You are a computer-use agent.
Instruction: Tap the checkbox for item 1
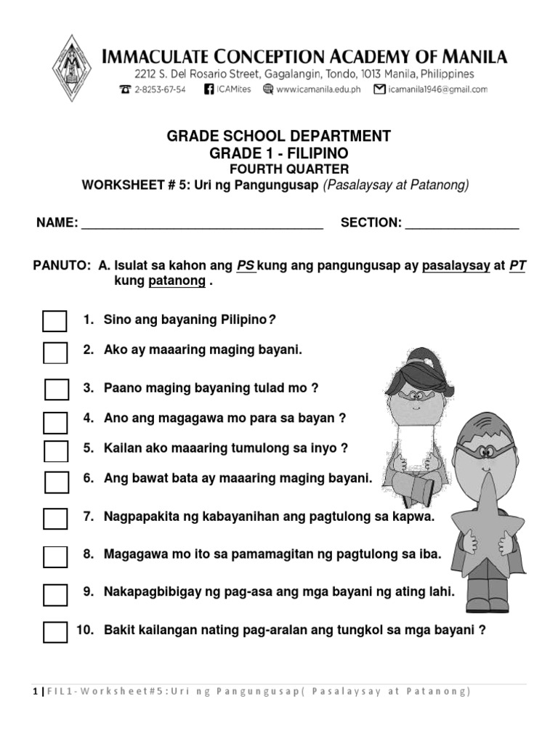click(54, 321)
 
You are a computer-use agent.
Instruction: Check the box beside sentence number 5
click(55, 450)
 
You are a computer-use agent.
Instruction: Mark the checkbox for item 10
click(54, 631)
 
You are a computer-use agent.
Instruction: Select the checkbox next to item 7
click(54, 519)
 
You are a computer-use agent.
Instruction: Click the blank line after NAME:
click(202, 225)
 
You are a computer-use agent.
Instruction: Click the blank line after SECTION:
click(462, 225)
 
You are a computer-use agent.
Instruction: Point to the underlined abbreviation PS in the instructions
click(246, 266)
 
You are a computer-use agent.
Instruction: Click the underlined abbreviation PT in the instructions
click(517, 266)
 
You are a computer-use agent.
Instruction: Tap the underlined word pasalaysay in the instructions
click(456, 266)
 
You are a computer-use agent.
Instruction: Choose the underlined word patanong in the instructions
click(177, 281)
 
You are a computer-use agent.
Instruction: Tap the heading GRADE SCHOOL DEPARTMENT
click(279, 137)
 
